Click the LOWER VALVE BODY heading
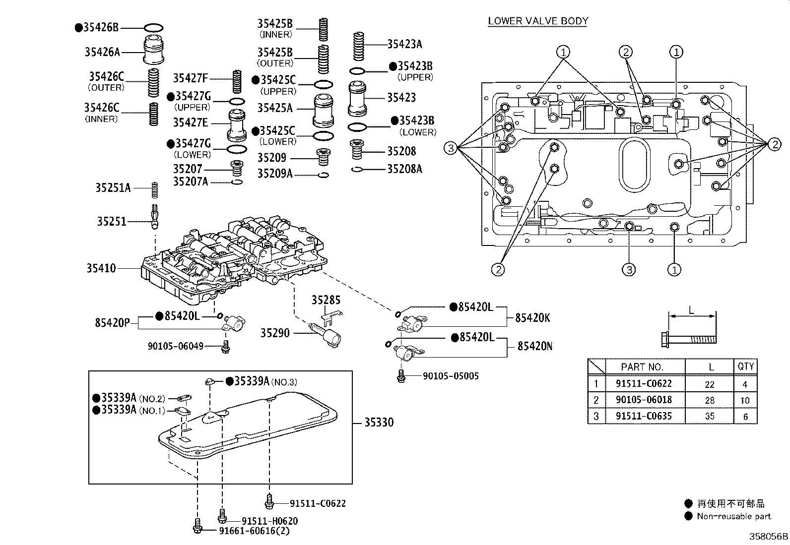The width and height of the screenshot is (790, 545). (538, 21)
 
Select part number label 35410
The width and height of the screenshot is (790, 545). (101, 268)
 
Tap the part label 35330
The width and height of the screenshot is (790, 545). (379, 423)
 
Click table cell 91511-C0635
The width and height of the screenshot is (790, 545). (644, 416)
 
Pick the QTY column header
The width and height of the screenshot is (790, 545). (745, 366)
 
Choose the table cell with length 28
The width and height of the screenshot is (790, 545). (710, 400)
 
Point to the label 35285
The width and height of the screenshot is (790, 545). (326, 300)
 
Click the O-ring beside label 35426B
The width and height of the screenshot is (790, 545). (153, 28)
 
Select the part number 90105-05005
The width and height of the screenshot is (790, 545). (451, 376)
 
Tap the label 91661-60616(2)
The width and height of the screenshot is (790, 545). (255, 531)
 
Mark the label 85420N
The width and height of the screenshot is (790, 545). (534, 346)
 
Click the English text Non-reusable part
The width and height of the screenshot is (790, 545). (733, 516)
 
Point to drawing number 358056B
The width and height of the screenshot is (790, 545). (768, 536)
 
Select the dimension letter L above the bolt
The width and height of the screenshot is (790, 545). (691, 310)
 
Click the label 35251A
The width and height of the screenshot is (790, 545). (113, 188)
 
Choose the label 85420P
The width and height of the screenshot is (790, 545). (112, 323)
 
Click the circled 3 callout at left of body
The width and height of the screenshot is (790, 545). (450, 147)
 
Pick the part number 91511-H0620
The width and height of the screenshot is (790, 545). (270, 521)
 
